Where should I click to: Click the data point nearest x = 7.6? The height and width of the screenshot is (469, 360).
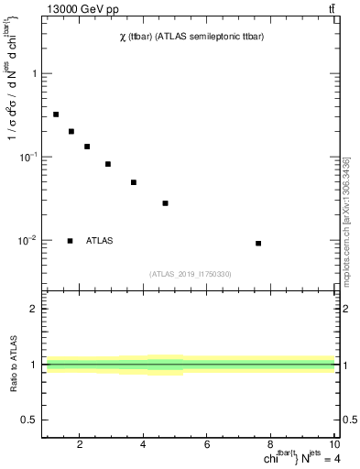(x=258, y=244)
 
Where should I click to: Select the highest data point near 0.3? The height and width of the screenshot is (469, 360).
(x=56, y=115)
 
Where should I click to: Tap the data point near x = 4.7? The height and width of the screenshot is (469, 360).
(x=165, y=203)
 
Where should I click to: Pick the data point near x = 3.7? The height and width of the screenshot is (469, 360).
(x=134, y=182)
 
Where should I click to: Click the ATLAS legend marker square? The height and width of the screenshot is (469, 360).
(x=71, y=241)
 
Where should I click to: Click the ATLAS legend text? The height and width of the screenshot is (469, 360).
(x=100, y=241)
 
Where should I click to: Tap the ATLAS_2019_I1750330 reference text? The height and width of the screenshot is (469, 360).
(x=191, y=274)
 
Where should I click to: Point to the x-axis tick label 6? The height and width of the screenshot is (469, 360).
(x=207, y=445)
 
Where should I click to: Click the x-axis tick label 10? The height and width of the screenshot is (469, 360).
(x=333, y=445)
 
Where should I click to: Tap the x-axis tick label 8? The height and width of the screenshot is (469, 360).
(x=271, y=445)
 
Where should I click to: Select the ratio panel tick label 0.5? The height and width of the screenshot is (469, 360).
(x=28, y=420)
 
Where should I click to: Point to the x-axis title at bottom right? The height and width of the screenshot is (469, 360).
(x=289, y=459)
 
